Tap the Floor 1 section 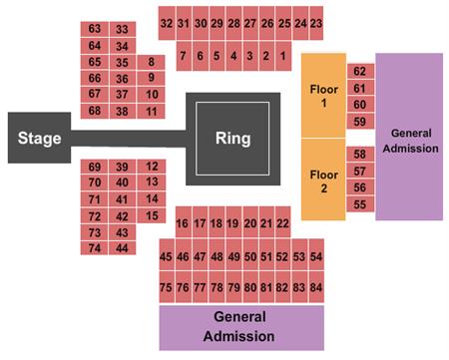(x=323, y=95)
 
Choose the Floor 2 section (x=323, y=180)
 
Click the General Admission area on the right (x=409, y=137)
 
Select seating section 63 (x=95, y=30)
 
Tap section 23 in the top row (x=316, y=22)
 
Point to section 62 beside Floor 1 (x=359, y=71)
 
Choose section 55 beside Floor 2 (x=359, y=204)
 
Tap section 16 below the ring (x=182, y=223)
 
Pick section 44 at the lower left (x=123, y=246)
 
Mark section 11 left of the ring (x=151, y=111)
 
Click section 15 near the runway (x=152, y=214)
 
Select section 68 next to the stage (x=95, y=110)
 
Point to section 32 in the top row (x=166, y=22)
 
